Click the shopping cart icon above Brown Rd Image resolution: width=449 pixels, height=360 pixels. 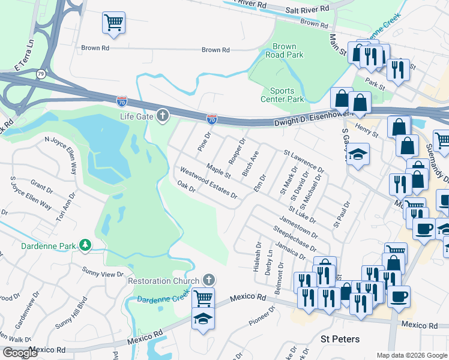tap(113, 23)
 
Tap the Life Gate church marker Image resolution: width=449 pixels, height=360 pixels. tap(162, 116)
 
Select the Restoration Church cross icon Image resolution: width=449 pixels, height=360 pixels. tap(208, 280)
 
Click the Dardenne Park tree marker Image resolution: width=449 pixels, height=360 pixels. tap(86, 245)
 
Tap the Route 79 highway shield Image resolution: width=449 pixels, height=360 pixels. tap(41, 74)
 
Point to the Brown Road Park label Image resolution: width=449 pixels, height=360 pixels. tap(284, 50)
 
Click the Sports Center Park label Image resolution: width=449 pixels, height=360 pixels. tap(282, 95)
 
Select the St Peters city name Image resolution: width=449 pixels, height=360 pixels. tap(340, 339)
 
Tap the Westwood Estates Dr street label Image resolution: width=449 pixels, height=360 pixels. tap(208, 183)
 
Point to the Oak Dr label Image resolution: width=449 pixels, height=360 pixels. tap(186, 187)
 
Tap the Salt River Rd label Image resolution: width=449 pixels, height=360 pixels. tap(307, 9)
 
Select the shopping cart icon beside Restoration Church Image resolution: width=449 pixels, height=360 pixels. tap(203, 297)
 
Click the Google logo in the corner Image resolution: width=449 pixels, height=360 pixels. tap(20, 353)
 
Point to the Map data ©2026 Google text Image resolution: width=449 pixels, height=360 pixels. tap(412, 355)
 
